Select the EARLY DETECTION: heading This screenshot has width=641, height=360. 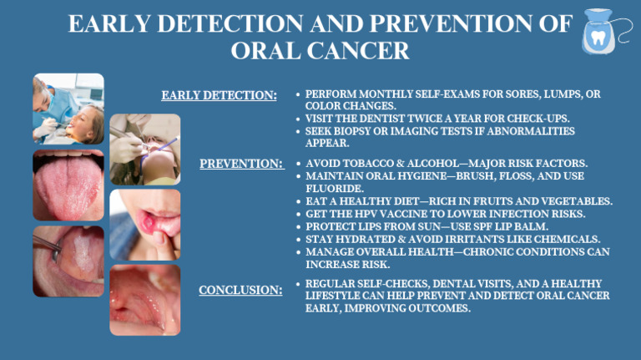[219, 95]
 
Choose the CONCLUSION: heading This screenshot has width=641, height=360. [240, 291]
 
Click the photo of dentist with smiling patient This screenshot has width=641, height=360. [68, 109]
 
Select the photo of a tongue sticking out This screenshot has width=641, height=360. [68, 185]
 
